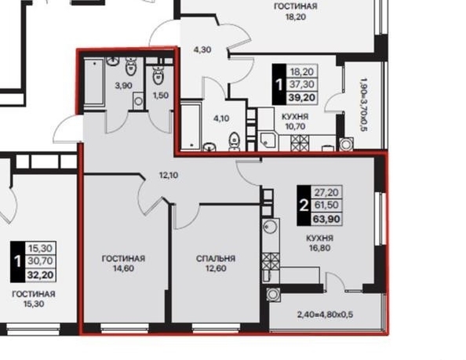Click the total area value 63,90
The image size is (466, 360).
pyautogui.click(x=326, y=219)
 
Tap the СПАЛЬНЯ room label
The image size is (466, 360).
pyautogui.click(x=216, y=258)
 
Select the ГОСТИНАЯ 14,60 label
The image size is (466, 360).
pyautogui.click(x=124, y=264)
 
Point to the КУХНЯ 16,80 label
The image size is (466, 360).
pyautogui.click(x=320, y=242)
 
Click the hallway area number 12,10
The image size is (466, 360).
pyautogui.click(x=169, y=175)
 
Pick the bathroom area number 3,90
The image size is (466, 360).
pyautogui.click(x=124, y=85)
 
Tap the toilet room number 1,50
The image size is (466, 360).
pyautogui.click(x=161, y=96)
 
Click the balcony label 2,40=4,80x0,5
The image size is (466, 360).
pyautogui.click(x=325, y=315)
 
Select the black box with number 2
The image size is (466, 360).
pyautogui.click(x=304, y=205)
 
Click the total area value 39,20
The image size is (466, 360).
pyautogui.click(x=302, y=97)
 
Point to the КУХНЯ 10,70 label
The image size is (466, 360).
pyautogui.click(x=295, y=122)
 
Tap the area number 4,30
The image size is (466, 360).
pyautogui.click(x=202, y=49)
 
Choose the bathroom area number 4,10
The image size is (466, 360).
pyautogui.click(x=221, y=118)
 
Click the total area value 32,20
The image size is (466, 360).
pyautogui.click(x=41, y=275)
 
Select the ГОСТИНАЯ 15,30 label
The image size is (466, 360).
pyautogui.click(x=34, y=299)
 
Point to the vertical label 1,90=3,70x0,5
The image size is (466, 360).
pyautogui.click(x=363, y=104)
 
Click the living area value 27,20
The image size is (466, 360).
pyautogui.click(x=326, y=192)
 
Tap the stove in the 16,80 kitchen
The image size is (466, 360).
pyautogui.click(x=271, y=261)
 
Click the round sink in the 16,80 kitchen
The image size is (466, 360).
pyautogui.click(x=270, y=227)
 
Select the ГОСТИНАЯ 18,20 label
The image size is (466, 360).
pyautogui.click(x=296, y=11)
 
